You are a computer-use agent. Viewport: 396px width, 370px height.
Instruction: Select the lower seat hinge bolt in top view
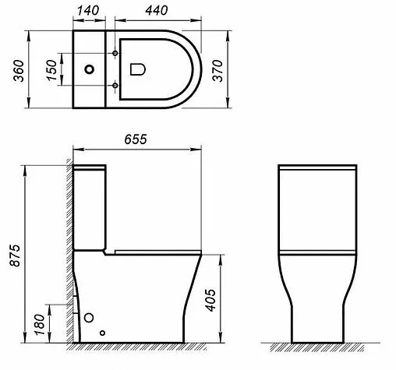116,85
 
